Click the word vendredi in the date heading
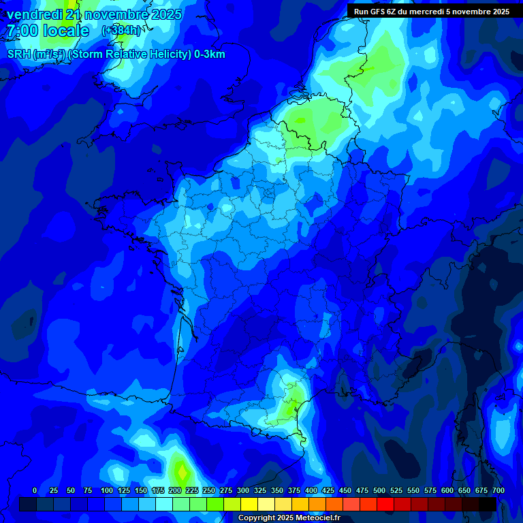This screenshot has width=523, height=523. click(34, 14)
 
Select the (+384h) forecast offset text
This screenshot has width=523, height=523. click(121, 31)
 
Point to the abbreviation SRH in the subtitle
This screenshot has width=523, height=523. click(19, 54)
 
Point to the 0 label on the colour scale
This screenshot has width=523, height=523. click(35, 490)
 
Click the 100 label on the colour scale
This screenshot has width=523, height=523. click(107, 490)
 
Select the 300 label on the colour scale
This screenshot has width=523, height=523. click(243, 490)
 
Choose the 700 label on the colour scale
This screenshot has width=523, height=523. click(498, 490)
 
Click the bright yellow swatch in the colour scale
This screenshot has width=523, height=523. click(249, 505)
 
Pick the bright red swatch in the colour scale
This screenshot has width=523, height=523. click(385, 505)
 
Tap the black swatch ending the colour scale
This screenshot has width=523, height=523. click(488, 505)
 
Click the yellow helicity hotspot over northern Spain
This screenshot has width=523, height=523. click(181, 470)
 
